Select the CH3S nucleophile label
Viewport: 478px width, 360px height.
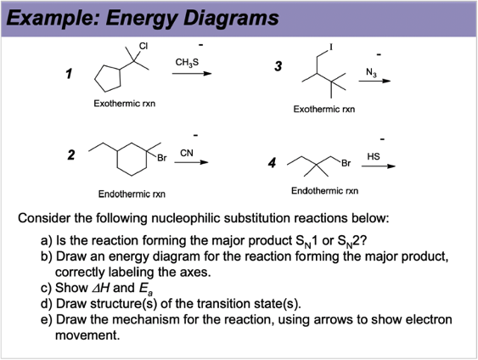pos(187,62)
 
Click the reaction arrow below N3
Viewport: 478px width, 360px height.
pos(374,82)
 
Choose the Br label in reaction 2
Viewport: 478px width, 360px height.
pos(160,160)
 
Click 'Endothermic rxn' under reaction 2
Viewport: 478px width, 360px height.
pos(126,194)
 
